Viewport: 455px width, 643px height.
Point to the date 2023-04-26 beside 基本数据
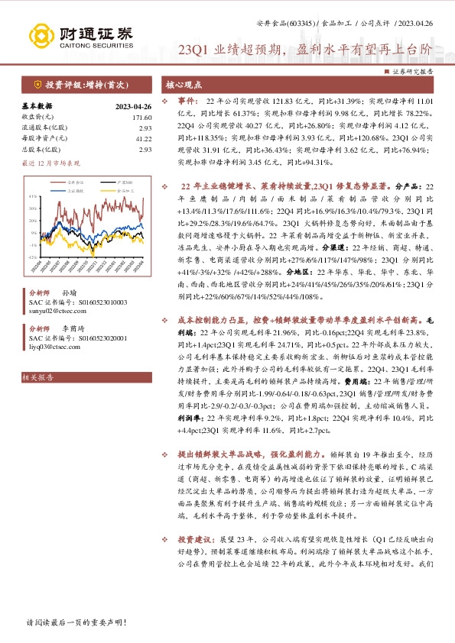pos(134,106)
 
